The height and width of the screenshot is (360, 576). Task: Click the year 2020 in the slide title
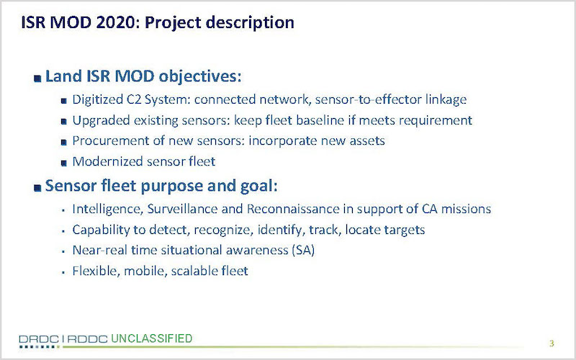pyautogui.click(x=115, y=22)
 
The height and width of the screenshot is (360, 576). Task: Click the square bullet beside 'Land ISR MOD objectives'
pyautogui.click(x=37, y=78)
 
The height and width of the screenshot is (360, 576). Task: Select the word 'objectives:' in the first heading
pyautogui.click(x=200, y=77)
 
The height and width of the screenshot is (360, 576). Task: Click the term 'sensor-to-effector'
pyautogui.click(x=368, y=99)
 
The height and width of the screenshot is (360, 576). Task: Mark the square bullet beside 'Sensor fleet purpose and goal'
pyautogui.click(x=37, y=188)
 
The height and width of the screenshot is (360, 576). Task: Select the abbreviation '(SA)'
pyautogui.click(x=303, y=251)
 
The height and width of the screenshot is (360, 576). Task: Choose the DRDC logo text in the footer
pyautogui.click(x=39, y=339)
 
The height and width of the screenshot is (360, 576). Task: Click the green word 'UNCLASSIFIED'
pyautogui.click(x=152, y=338)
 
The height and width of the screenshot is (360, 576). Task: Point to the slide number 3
pyautogui.click(x=552, y=343)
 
